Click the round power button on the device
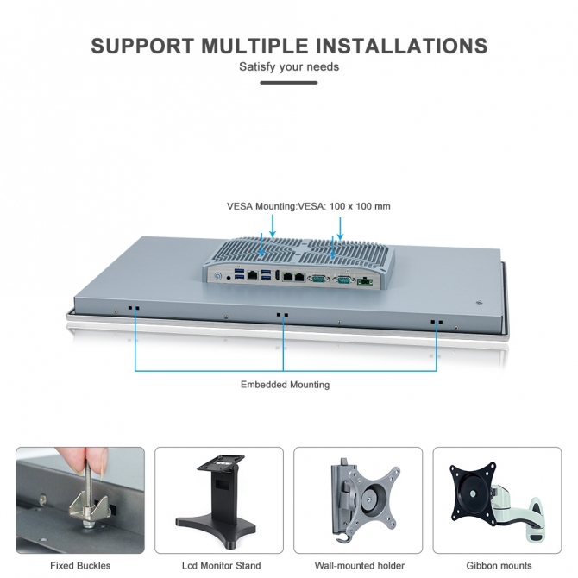218,275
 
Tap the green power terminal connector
365,281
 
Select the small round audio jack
229,278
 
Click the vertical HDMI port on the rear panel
276,275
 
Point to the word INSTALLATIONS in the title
402,46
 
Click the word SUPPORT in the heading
142,46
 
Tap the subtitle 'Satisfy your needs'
289,67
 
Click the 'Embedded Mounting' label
285,385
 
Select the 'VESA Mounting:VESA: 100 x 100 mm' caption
309,206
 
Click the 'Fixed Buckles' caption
80,565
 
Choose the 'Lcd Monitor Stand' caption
221,565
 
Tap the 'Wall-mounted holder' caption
360,565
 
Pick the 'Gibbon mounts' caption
499,565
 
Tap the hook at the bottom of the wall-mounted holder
342,537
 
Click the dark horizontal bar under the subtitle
289,83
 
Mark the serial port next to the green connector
342,280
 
